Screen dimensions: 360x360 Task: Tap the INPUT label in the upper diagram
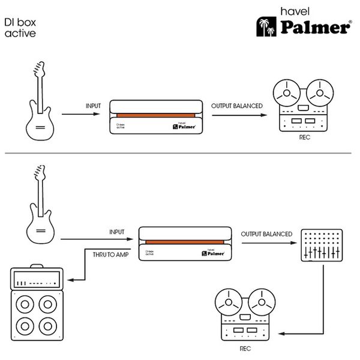pyautogui.click(x=94, y=106)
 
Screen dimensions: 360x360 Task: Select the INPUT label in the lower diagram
pyautogui.click(x=117, y=232)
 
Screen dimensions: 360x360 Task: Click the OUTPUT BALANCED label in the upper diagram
pyautogui.click(x=236, y=106)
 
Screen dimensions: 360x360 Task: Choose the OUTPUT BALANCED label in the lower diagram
pyautogui.click(x=266, y=234)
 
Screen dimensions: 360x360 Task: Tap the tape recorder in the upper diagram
pyautogui.click(x=301, y=106)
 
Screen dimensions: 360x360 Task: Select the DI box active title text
pyautogui.click(x=19, y=27)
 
